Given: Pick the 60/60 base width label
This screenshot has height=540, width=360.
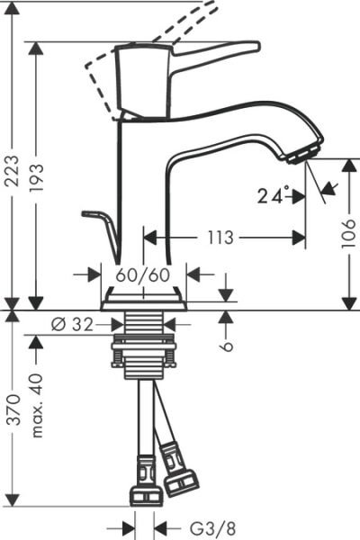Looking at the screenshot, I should pyautogui.click(x=142, y=274).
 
